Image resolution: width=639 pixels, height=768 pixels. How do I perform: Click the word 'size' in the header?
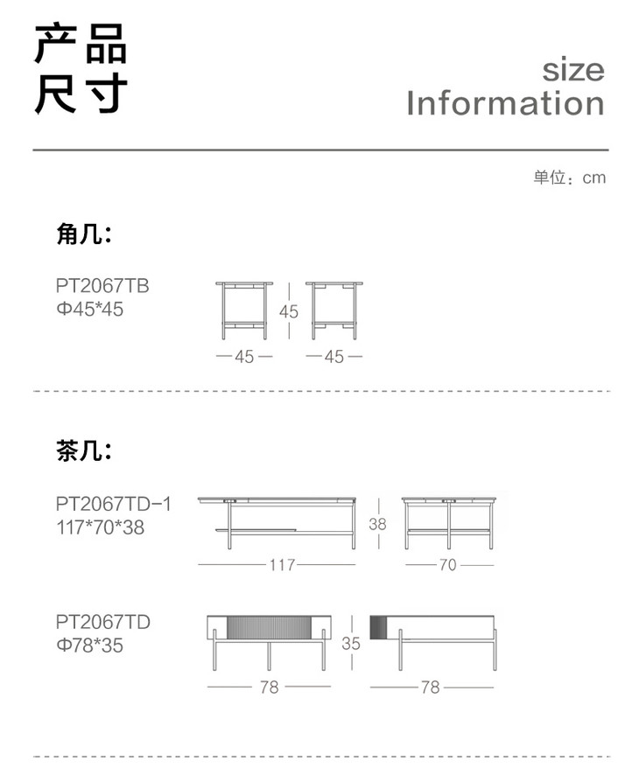tap(572, 70)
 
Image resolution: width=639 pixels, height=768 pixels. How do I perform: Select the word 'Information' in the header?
tap(505, 103)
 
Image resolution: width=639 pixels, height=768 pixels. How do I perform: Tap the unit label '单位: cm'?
tap(569, 178)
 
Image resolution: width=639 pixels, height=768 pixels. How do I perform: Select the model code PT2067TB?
tap(102, 285)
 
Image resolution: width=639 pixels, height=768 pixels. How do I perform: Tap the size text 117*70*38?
tap(100, 527)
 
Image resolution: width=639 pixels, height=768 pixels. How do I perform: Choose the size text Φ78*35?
tap(89, 646)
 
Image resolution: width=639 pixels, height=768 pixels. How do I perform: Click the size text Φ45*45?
tap(89, 309)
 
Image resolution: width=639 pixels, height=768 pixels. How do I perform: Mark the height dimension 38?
tap(377, 525)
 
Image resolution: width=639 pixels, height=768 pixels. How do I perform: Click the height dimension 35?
tap(351, 643)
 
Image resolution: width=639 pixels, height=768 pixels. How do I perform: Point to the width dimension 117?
tap(282, 565)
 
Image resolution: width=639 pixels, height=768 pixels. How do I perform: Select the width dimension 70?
tap(447, 565)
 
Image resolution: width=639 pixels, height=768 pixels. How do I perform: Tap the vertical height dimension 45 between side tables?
tap(289, 311)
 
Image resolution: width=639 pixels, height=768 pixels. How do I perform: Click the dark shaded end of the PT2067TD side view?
tap(378, 626)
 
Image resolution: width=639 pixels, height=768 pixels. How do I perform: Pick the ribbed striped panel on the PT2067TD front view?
tap(270, 628)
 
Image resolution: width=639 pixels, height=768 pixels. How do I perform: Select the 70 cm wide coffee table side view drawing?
tap(449, 521)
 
